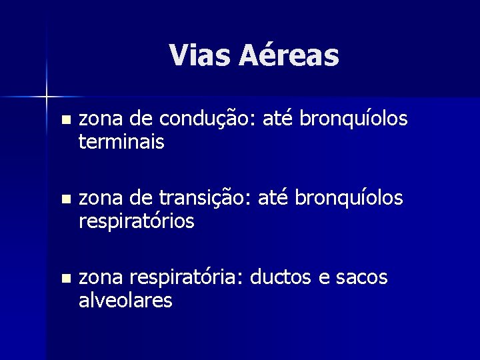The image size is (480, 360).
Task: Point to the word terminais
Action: click(121, 142)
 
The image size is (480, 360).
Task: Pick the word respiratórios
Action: click(137, 222)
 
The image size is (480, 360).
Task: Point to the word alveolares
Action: click(125, 301)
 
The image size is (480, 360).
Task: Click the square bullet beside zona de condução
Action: click(64, 121)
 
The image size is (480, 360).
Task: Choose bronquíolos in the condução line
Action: click(353, 119)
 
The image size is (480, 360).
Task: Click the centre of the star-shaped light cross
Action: click(47, 97)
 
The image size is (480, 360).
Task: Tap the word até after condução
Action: click(279, 119)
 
